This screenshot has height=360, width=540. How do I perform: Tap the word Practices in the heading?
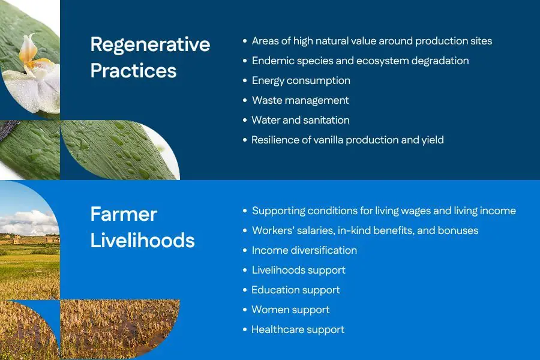[134, 71]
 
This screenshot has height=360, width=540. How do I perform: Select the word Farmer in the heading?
[124, 214]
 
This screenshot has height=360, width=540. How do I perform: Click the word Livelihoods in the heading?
[143, 240]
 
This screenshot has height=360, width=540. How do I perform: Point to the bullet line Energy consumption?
[301, 80]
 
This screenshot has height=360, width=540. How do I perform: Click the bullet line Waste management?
[301, 100]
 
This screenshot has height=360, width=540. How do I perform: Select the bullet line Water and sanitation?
[301, 120]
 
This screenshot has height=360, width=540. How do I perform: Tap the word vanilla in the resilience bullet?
[328, 140]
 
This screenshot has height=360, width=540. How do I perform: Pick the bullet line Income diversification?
[304, 250]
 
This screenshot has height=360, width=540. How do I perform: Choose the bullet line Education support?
[295, 290]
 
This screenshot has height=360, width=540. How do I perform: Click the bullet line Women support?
[290, 310]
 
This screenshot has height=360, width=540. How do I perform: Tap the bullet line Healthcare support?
[298, 329]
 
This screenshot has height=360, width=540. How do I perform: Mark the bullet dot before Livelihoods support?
[245, 271]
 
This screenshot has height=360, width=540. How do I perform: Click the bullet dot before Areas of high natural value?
[245, 41]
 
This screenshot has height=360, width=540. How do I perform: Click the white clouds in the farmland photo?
[31, 220]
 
